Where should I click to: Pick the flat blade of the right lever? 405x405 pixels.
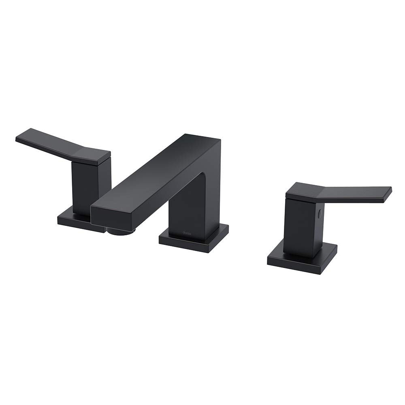356,193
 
